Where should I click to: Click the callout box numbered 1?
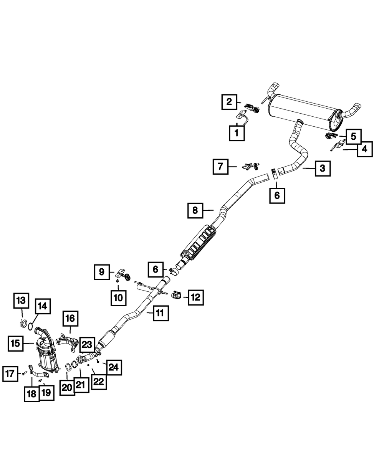(236, 133)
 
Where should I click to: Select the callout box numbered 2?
(229, 102)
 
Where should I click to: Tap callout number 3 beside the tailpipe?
(322, 168)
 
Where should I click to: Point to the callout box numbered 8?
(195, 210)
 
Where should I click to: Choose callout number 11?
(160, 313)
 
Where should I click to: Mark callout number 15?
(15, 344)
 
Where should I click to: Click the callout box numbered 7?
(220, 167)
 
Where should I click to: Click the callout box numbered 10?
(118, 297)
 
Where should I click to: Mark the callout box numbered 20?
(67, 388)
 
